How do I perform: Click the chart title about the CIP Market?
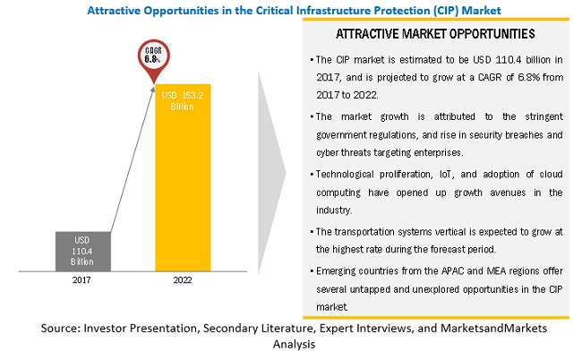click(x=290, y=8)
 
